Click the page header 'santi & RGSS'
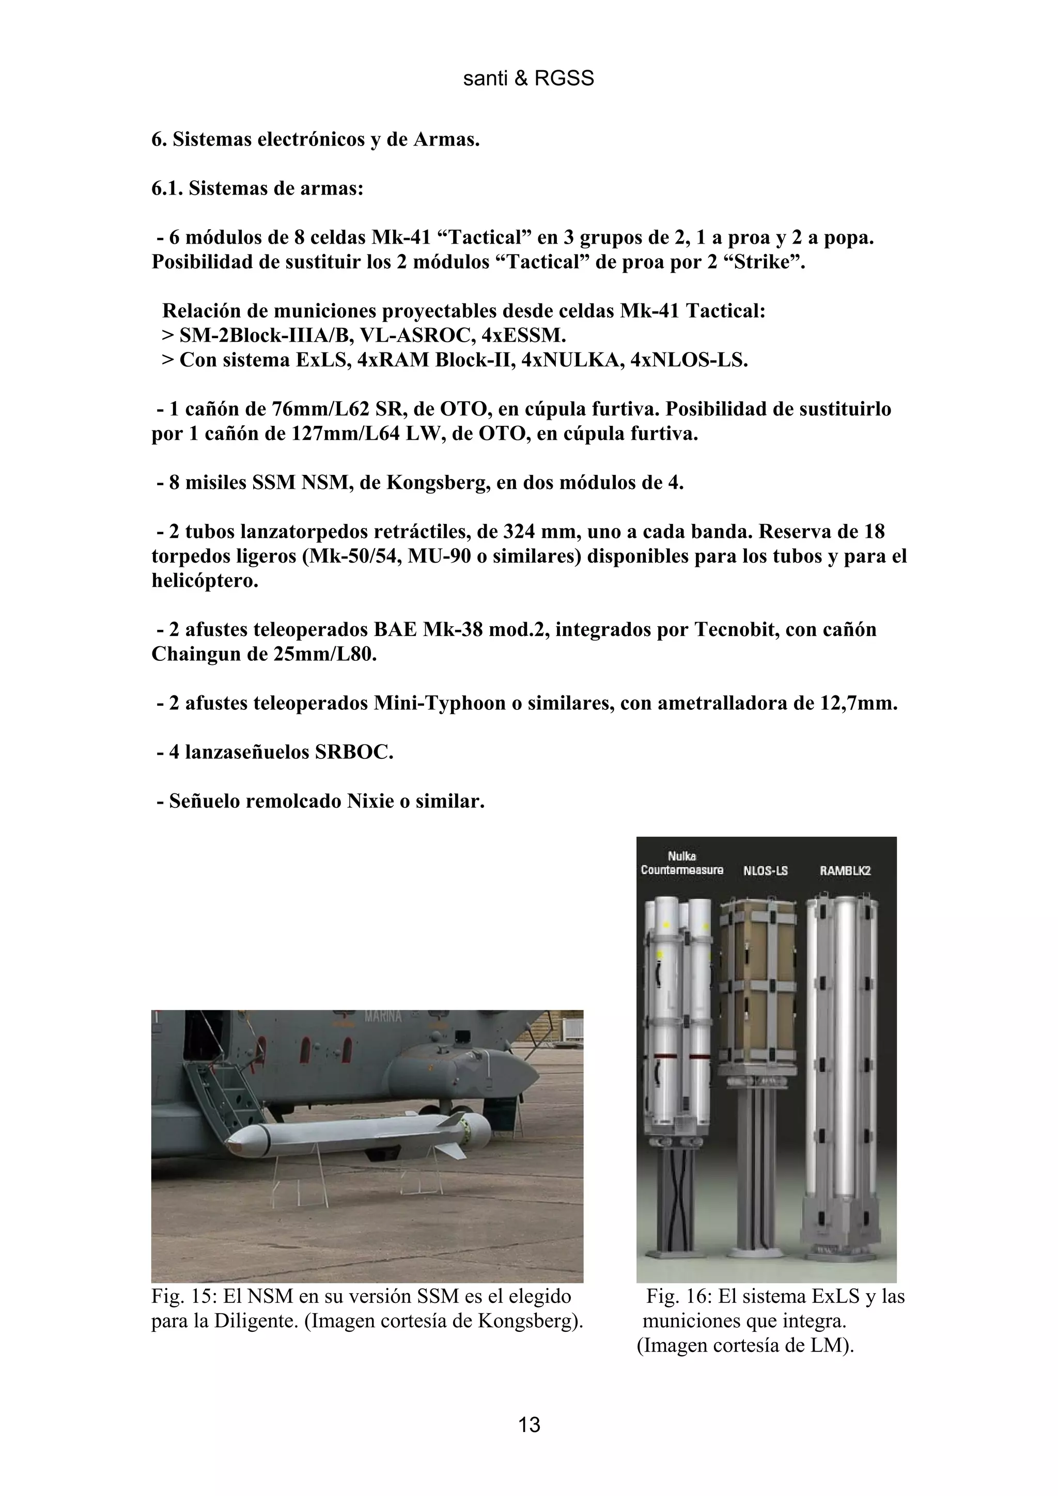pyautogui.click(x=528, y=79)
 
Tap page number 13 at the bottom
pyautogui.click(x=528, y=1424)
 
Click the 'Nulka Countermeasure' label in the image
pyautogui.click(x=682, y=863)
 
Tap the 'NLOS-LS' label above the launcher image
pyautogui.click(x=765, y=870)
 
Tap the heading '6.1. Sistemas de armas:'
pyautogui.click(x=257, y=189)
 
